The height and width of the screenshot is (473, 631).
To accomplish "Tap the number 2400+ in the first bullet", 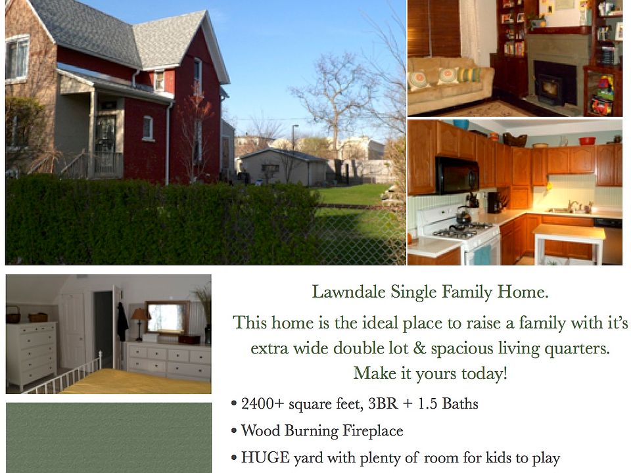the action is [262, 403].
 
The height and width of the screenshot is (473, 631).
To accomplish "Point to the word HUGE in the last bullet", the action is [265, 458].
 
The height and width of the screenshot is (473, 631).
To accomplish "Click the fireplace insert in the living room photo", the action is [548, 87].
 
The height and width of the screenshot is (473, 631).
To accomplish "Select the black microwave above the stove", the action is [456, 175].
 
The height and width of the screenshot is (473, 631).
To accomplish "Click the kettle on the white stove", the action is [463, 216].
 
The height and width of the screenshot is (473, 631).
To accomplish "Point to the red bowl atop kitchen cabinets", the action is [587, 141].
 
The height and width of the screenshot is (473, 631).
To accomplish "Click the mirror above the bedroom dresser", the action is [167, 317].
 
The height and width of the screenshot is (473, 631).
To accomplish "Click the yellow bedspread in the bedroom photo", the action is [137, 382].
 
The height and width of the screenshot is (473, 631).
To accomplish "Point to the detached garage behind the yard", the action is [284, 167].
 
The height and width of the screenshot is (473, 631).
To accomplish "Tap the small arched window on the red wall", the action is [148, 128].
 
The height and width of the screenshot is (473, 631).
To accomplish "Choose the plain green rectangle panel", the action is [108, 438].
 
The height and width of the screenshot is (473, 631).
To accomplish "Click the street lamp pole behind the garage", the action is [294, 137].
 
